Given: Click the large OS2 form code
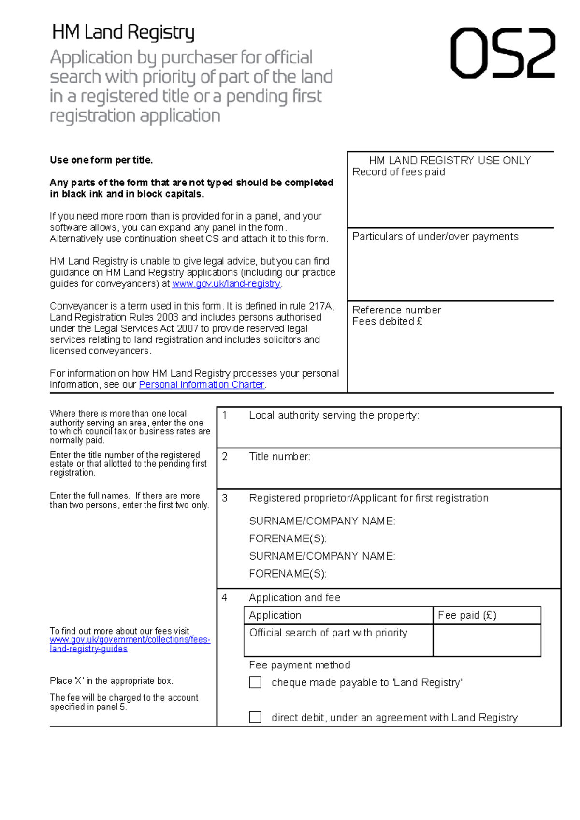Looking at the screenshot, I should (x=503, y=53).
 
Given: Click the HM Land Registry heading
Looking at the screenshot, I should (x=123, y=32).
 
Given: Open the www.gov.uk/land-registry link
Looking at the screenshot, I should (x=226, y=284).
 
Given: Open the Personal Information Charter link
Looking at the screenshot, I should (x=202, y=385).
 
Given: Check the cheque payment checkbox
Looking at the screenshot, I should (x=255, y=682).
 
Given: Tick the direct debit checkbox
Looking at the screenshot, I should (x=255, y=717).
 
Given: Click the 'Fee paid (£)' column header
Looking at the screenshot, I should (x=467, y=615).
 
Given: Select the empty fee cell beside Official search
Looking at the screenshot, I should (x=487, y=640).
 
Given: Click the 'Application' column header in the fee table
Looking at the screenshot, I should (x=275, y=615).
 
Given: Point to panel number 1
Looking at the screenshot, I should (x=224, y=415).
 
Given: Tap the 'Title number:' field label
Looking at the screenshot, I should (x=279, y=457).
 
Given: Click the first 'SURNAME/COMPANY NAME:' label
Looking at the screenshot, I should (x=322, y=521).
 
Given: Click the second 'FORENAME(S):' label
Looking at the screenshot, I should (x=288, y=574).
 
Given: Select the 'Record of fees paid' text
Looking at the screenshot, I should (x=398, y=172).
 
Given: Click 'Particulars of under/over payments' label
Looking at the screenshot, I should (x=435, y=237).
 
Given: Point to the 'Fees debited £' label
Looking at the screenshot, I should (x=387, y=322).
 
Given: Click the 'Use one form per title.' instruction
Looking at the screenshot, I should (x=101, y=160).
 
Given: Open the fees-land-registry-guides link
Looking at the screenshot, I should (x=130, y=644).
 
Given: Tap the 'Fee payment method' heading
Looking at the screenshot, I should (x=299, y=665).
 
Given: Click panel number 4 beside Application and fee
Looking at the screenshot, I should (x=224, y=598).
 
